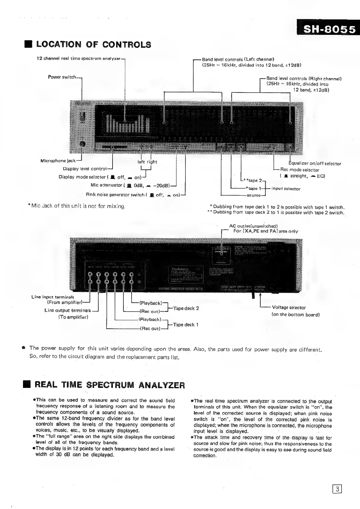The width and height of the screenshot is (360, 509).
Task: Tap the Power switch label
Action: [62, 77]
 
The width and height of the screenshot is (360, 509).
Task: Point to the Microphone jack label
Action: [58, 161]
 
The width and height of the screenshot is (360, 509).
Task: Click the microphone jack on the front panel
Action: [82, 145]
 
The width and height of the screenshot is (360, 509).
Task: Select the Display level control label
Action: [85, 169]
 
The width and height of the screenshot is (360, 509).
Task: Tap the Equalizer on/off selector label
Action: [315, 164]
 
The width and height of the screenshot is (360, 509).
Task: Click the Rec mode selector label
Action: [299, 170]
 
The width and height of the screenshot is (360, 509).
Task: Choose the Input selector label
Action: [286, 189]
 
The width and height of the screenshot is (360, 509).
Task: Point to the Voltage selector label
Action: [289, 308]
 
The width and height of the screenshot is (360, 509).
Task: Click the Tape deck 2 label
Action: [186, 308]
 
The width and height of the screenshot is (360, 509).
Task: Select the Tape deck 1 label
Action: [186, 325]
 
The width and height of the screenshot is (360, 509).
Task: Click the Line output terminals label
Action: [67, 310]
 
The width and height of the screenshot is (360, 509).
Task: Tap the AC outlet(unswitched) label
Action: [253, 226]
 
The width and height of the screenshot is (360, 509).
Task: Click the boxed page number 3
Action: [337, 489]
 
